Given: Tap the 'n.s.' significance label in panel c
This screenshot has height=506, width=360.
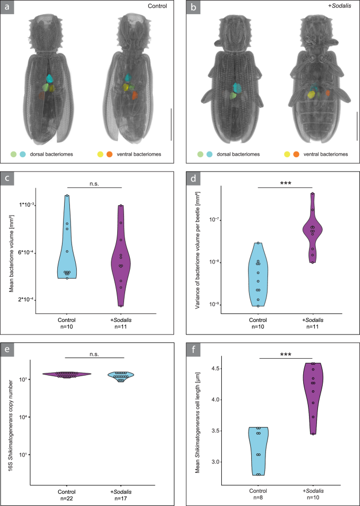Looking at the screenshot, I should click(94, 183).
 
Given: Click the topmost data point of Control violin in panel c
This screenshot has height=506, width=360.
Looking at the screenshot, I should click(67, 196).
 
